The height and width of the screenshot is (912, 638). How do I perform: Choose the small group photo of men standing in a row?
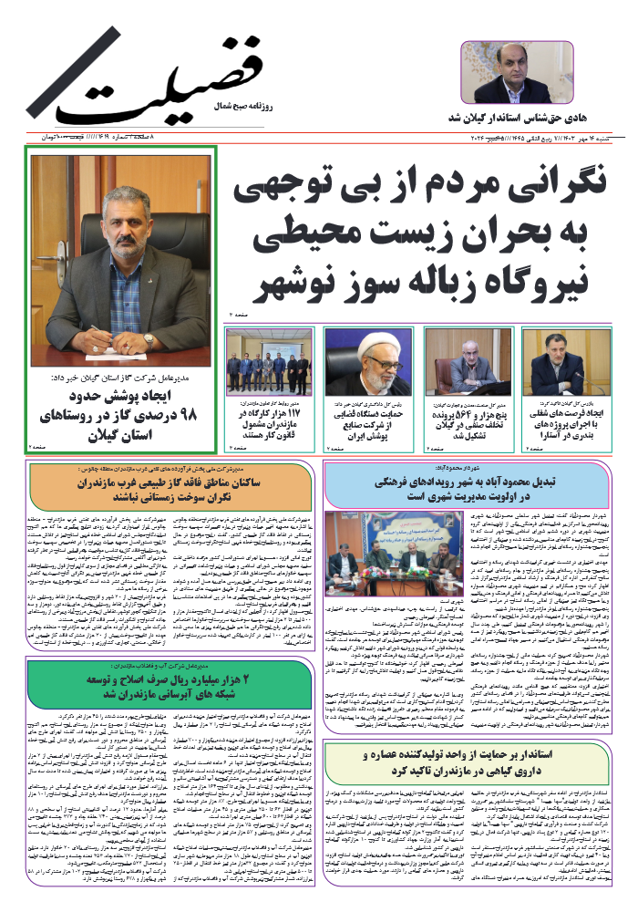269,361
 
